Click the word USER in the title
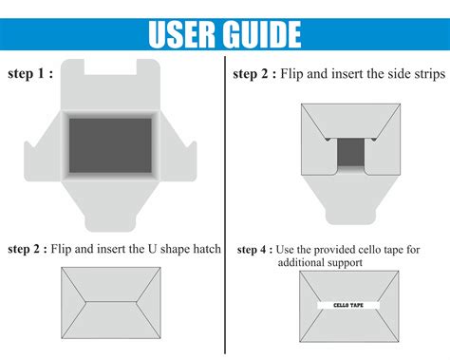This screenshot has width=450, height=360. click(182, 34)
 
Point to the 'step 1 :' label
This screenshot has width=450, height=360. click(30, 73)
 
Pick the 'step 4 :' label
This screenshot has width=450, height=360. click(254, 250)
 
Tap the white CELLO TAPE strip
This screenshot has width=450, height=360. click(348, 305)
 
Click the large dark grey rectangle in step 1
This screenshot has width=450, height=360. click(110, 145)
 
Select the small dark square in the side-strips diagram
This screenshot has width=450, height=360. click(350, 152)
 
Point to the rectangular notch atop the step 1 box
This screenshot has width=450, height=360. click(110, 66)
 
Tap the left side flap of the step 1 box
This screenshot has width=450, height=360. click(43, 155)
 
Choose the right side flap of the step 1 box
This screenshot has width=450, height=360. click(178, 155)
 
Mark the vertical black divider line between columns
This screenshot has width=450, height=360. click(225, 205)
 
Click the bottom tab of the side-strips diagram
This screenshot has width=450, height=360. click(350, 216)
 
